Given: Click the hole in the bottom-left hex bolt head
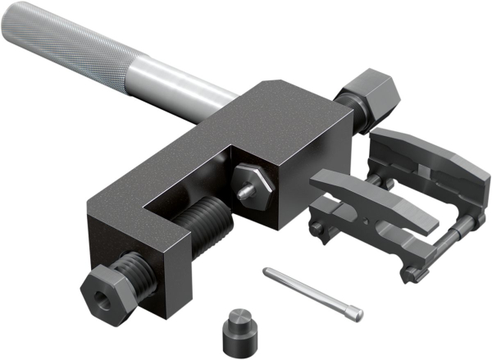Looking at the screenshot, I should click(x=101, y=293).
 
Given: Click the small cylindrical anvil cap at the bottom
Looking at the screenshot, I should click(x=235, y=331).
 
